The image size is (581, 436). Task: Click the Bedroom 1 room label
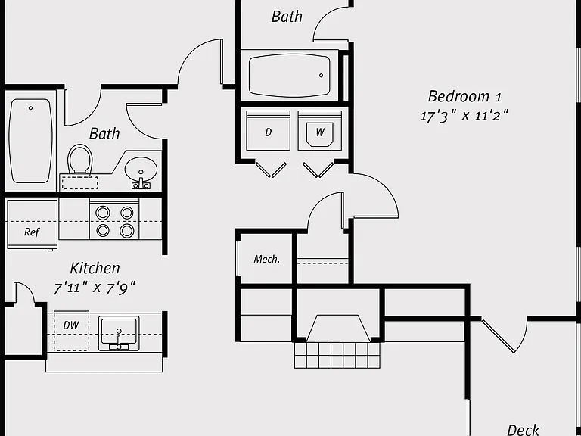click(464, 96)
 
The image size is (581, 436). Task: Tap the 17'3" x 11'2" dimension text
click(464, 116)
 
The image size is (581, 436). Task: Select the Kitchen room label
click(95, 268)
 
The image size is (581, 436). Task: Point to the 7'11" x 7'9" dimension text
click(95, 288)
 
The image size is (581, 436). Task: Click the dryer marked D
click(268, 130)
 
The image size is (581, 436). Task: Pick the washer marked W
click(320, 130)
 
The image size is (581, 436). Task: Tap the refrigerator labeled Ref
click(33, 224)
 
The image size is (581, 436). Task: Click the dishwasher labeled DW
click(72, 331)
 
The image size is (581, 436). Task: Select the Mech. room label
click(267, 259)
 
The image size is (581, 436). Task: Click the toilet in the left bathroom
click(79, 160)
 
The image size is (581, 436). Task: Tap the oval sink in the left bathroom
click(141, 170)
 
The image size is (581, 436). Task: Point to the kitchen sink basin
click(119, 333)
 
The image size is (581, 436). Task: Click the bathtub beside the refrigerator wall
click(30, 141)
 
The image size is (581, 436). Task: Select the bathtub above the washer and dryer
click(290, 76)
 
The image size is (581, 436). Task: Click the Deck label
click(524, 430)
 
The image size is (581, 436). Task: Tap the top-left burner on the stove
click(103, 213)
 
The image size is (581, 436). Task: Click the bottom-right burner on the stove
click(127, 231)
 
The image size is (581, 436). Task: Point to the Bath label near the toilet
click(104, 133)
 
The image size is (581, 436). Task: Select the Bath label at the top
click(287, 17)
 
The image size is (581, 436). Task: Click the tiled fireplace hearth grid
click(337, 355)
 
